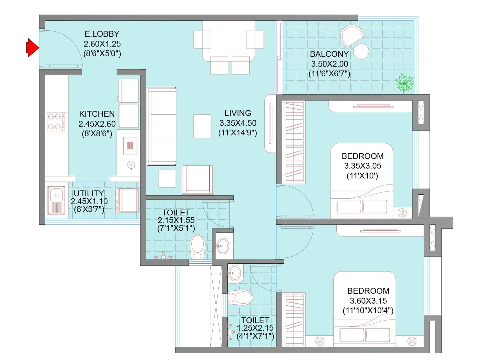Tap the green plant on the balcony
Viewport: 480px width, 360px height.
pyautogui.click(x=405, y=83)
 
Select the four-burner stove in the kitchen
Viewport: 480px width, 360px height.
pyautogui.click(x=56, y=121)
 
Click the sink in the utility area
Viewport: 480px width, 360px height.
pyautogui.click(x=56, y=200)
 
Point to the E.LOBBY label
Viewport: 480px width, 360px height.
pyautogui.click(x=102, y=34)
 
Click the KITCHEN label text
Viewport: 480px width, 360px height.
pyautogui.click(x=97, y=114)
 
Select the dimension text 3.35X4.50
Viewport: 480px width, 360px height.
pyautogui.click(x=238, y=123)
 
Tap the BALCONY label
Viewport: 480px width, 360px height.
pyautogui.click(x=329, y=54)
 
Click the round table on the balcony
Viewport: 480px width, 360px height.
pyautogui.click(x=361, y=52)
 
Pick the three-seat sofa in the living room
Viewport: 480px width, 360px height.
pyautogui.click(x=162, y=126)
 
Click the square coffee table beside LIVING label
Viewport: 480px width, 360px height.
pyautogui.click(x=202, y=126)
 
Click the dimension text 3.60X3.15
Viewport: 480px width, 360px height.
pyautogui.click(x=368, y=301)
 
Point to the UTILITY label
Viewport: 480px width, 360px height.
pyautogui.click(x=89, y=193)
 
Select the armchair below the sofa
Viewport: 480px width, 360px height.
pyautogui.click(x=198, y=180)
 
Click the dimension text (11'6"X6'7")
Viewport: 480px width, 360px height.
pyautogui.click(x=329, y=74)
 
